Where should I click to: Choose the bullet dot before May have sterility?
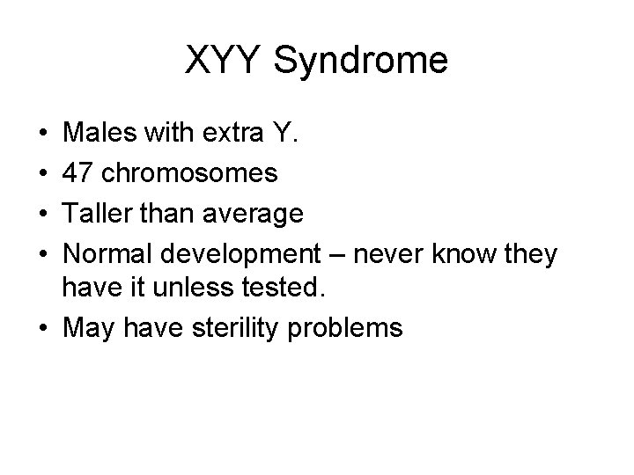tap(44, 329)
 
